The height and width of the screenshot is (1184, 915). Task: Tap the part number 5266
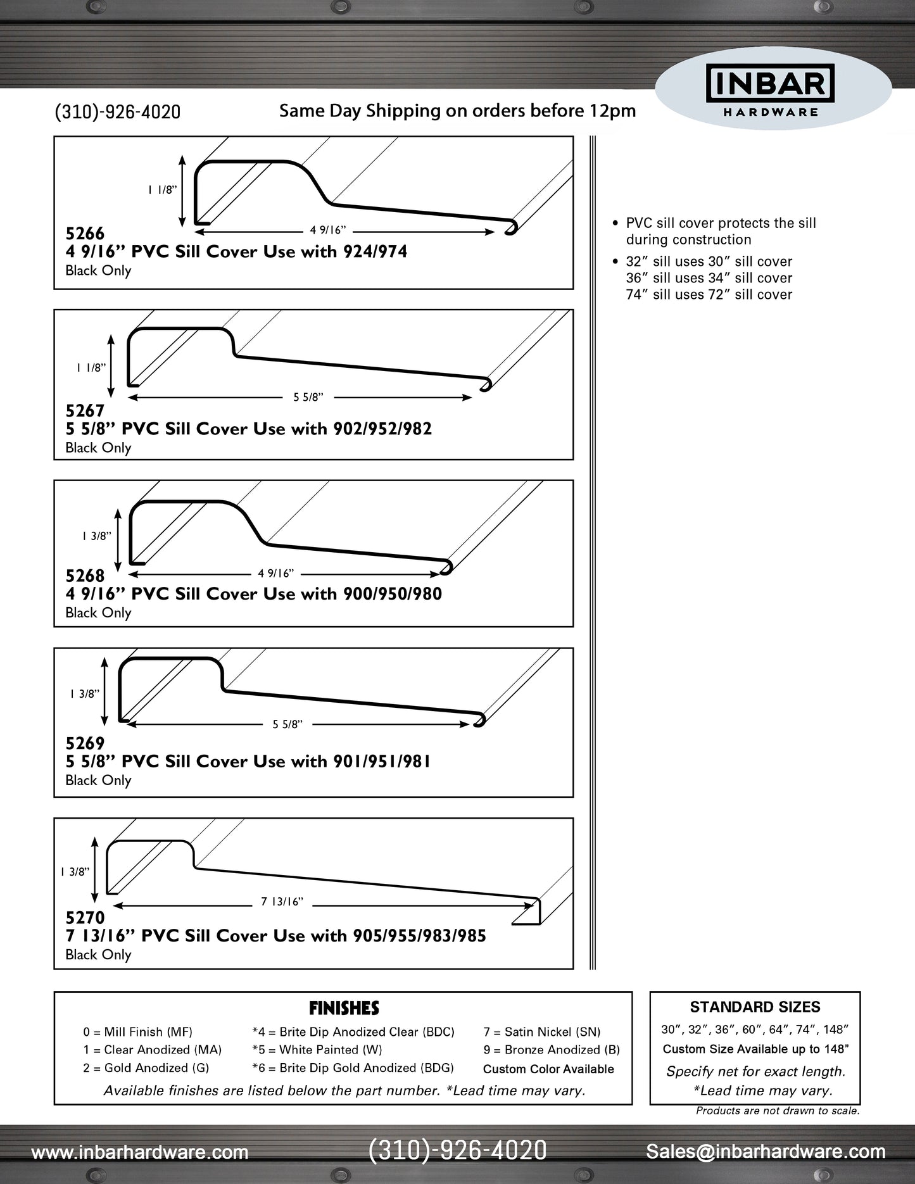coord(85,234)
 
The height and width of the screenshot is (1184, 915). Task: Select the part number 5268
coord(85,576)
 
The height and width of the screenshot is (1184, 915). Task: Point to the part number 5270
coord(85,917)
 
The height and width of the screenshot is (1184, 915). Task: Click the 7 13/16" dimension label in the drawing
coord(282,902)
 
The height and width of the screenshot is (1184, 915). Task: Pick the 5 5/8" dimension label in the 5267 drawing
coord(308,398)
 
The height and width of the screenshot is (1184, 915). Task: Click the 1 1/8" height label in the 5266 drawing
coord(163,190)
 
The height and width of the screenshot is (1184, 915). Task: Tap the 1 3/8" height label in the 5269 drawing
coord(85,694)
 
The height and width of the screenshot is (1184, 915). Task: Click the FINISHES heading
coord(344,1008)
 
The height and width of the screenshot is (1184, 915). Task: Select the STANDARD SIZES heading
coord(755,1007)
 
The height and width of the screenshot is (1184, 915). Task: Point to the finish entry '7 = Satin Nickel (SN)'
coord(542,1032)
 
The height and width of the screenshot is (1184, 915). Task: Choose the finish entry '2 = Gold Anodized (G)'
coord(146,1068)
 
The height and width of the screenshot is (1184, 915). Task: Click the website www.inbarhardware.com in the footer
coord(139,1152)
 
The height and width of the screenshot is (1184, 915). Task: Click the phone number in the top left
coord(118,112)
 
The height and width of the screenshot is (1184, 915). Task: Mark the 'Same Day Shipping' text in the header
coord(457,111)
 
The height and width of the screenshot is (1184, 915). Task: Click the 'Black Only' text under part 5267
coord(98,448)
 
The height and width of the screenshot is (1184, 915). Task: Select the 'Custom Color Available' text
coord(548,1069)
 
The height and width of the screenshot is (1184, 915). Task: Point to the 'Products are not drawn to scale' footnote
coord(778,1111)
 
